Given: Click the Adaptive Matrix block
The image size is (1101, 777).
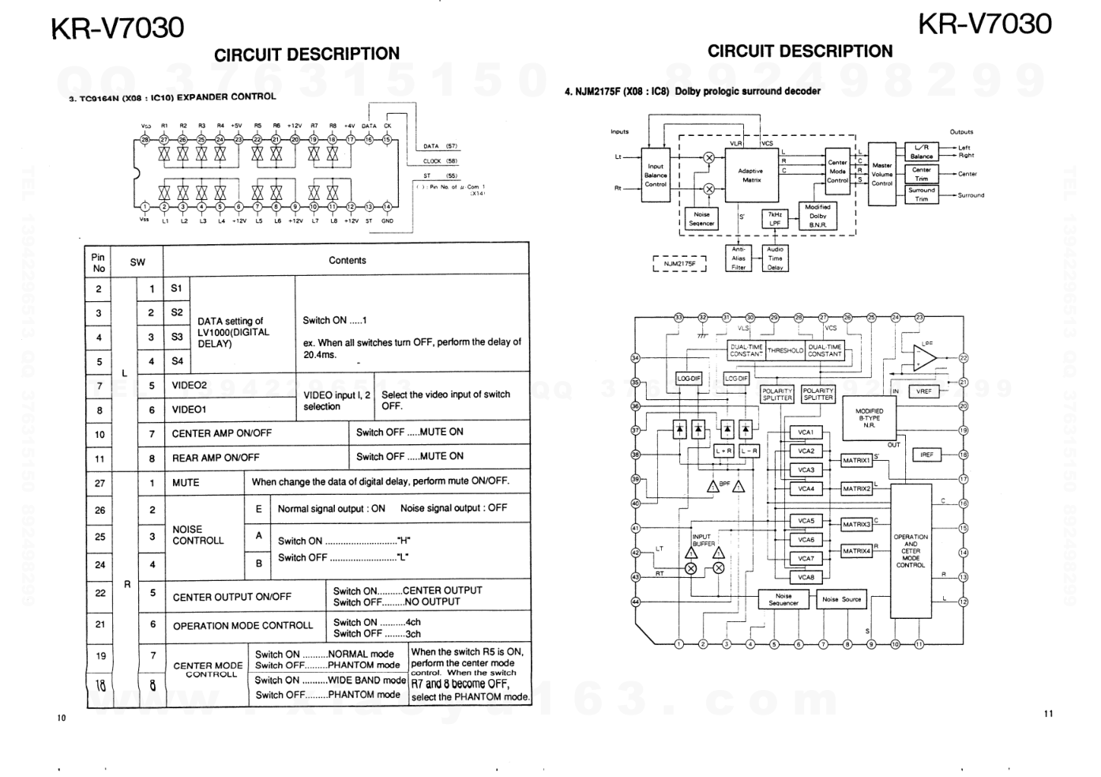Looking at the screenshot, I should click(x=751, y=175).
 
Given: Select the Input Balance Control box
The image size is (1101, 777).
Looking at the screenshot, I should click(x=656, y=175).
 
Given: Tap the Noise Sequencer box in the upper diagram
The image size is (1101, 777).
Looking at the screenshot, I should click(x=701, y=219).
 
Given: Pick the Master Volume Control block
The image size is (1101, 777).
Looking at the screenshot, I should click(x=881, y=175).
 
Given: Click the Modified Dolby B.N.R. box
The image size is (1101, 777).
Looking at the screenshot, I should click(x=817, y=216).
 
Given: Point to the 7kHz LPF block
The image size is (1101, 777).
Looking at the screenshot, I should click(x=775, y=219).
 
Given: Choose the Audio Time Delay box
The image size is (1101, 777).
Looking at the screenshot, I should click(x=775, y=258).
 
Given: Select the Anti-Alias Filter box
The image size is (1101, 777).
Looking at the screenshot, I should click(x=738, y=258).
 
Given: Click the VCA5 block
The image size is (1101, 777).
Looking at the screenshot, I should click(x=806, y=521).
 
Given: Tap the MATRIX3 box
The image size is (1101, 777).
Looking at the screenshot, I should click(x=856, y=524).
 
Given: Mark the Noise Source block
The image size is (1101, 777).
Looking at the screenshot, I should click(x=842, y=599).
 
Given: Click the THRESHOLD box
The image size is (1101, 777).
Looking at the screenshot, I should click(x=784, y=350).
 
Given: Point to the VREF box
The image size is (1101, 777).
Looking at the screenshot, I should click(x=924, y=391).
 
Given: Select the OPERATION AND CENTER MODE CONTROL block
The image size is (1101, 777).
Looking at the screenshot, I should click(x=911, y=551).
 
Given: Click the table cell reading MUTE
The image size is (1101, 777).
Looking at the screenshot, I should click(x=186, y=483).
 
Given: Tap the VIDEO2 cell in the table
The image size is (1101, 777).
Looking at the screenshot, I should click(x=190, y=386).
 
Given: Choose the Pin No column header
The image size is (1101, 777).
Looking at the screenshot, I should click(x=99, y=262).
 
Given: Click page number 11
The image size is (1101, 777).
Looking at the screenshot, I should click(x=1048, y=715).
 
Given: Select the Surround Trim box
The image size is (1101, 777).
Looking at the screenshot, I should click(x=922, y=194).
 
